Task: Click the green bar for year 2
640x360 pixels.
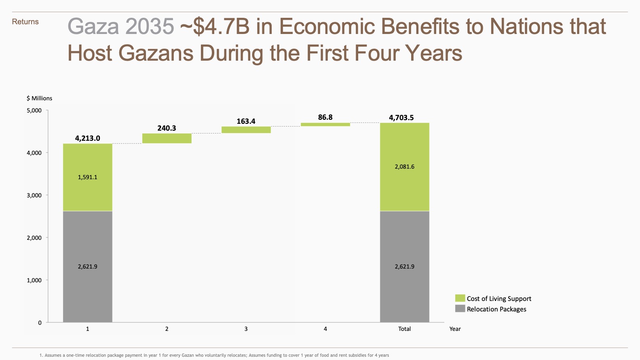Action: pyautogui.click(x=167, y=138)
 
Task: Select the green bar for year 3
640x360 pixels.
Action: pyautogui.click(x=246, y=130)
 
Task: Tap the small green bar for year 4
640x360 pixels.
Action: pyautogui.click(x=325, y=125)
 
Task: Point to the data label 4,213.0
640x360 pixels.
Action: pyautogui.click(x=87, y=138)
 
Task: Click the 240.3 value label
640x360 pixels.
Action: pyautogui.click(x=167, y=128)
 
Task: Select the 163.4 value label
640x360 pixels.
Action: pyautogui.click(x=246, y=121)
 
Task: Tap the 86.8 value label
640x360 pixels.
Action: pyautogui.click(x=325, y=117)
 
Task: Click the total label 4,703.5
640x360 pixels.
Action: pyautogui.click(x=401, y=118)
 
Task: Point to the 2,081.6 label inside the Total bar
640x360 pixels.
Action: pyautogui.click(x=404, y=167)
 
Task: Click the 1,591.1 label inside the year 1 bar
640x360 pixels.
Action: pyautogui.click(x=87, y=177)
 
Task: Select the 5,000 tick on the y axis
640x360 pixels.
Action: pyautogui.click(x=34, y=110)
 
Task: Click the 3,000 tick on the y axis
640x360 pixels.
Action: pyautogui.click(x=34, y=195)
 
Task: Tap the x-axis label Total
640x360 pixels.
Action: pyautogui.click(x=404, y=329)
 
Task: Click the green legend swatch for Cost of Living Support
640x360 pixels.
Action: pyautogui.click(x=460, y=298)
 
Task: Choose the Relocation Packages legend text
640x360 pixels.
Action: pyautogui.click(x=496, y=309)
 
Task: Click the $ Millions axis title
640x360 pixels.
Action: pyautogui.click(x=39, y=98)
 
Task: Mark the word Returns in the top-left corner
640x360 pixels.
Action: pyautogui.click(x=25, y=22)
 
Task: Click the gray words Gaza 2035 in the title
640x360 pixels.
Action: pyautogui.click(x=120, y=27)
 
